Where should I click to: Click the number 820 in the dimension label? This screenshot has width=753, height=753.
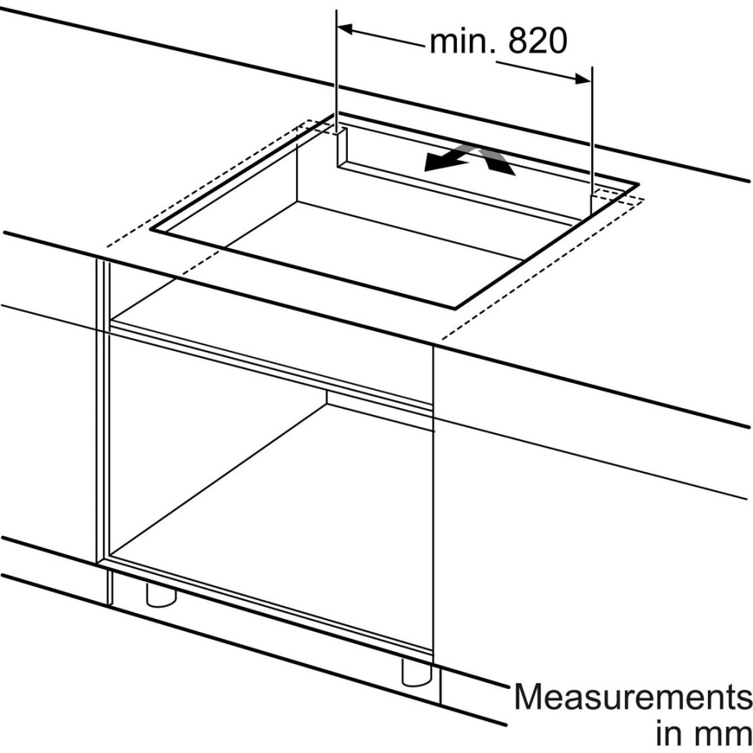[x=538, y=41]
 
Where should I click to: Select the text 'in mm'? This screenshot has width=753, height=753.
[x=703, y=735]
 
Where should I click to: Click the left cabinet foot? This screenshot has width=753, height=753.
[x=161, y=593]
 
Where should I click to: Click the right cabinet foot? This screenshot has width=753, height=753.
[x=417, y=672]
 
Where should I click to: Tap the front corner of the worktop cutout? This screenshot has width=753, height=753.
[x=455, y=307]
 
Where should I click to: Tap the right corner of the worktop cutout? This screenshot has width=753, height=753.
[x=639, y=184]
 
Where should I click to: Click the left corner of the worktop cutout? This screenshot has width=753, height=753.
[x=151, y=230]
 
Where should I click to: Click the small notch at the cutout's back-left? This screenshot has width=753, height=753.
[x=340, y=148]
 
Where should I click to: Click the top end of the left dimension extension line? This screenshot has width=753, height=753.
[x=337, y=10]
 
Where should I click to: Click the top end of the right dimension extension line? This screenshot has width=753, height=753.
[x=592, y=67]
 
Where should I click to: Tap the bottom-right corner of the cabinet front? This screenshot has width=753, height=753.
[x=432, y=656]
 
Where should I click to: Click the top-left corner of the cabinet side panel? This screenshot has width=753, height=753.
[x=97, y=259]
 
